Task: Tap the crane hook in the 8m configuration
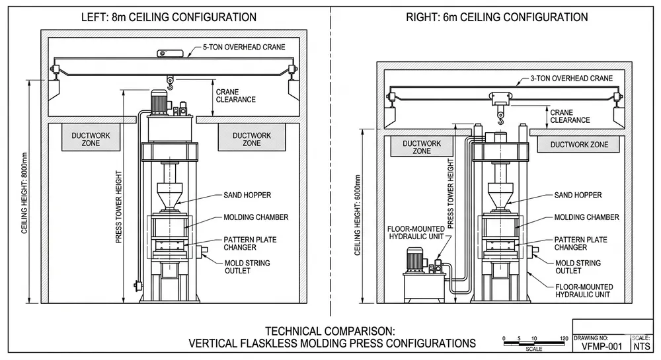(x=171, y=83)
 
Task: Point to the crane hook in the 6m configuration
(x=500, y=119)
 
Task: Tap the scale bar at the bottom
(x=535, y=344)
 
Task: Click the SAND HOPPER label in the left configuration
(x=248, y=196)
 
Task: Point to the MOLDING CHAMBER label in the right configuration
(x=586, y=217)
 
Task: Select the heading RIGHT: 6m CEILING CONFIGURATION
(x=496, y=17)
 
